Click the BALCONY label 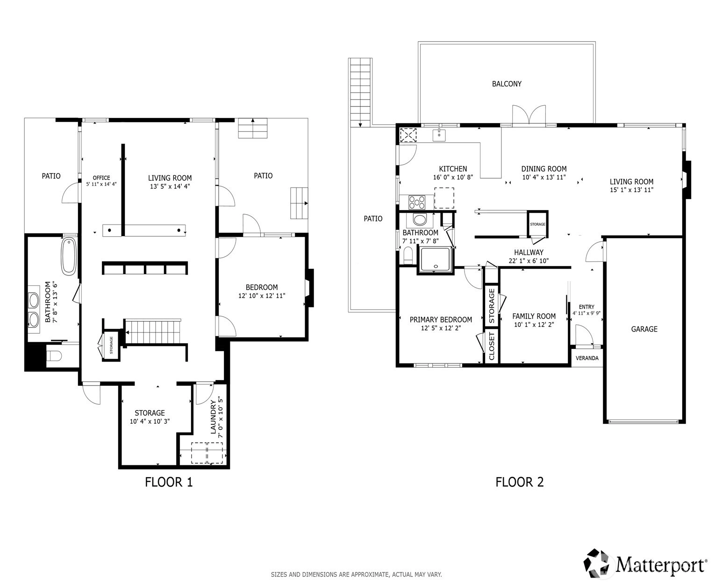[x=507, y=84]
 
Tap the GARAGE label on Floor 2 [x=644, y=329]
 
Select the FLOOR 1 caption [x=169, y=482]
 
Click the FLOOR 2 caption [x=519, y=482]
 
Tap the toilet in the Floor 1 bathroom [x=54, y=355]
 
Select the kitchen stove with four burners [x=417, y=202]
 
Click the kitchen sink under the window [x=439, y=135]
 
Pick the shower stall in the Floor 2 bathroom [x=436, y=260]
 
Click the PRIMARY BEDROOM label [x=441, y=319]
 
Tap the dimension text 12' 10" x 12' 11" [x=262, y=296]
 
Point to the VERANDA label [x=587, y=358]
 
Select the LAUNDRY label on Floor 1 [x=213, y=417]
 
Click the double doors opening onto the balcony [x=529, y=116]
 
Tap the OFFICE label [x=101, y=178]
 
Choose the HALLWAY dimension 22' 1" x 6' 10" [x=529, y=261]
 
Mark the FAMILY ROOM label [x=534, y=316]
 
